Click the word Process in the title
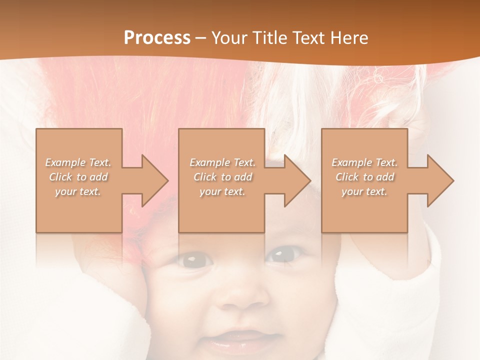click(x=157, y=38)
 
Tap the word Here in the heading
click(x=349, y=38)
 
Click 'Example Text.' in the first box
click(x=78, y=162)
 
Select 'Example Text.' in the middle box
click(x=222, y=162)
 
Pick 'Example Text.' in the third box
click(x=364, y=162)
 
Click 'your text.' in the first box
click(x=78, y=191)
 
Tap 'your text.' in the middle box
click(x=222, y=191)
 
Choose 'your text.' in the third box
click(x=364, y=191)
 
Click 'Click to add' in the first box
click(x=78, y=177)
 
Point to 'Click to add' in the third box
click(x=364, y=177)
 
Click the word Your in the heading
click(x=230, y=38)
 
